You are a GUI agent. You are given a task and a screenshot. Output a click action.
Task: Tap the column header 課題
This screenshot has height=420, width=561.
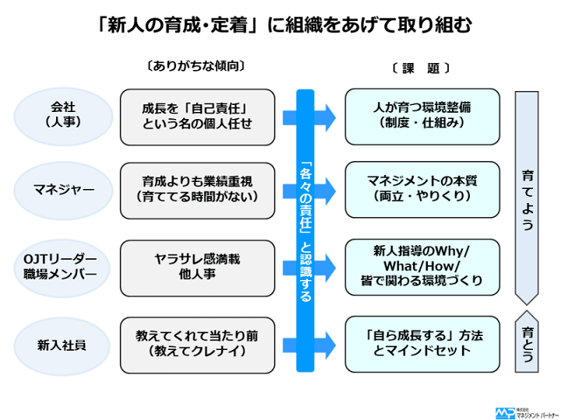(421, 68)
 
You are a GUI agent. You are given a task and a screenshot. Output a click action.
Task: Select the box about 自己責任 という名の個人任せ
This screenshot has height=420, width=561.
(197, 116)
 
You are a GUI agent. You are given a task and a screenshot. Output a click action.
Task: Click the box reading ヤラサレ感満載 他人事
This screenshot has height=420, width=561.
(197, 266)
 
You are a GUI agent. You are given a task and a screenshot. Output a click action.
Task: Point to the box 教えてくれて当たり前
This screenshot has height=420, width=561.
(197, 343)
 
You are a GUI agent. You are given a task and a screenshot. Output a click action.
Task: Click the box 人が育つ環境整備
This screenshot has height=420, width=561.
(422, 116)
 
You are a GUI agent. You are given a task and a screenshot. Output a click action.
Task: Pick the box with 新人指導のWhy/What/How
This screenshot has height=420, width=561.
(422, 266)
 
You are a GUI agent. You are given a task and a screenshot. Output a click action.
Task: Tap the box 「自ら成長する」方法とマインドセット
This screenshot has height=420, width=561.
(422, 343)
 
